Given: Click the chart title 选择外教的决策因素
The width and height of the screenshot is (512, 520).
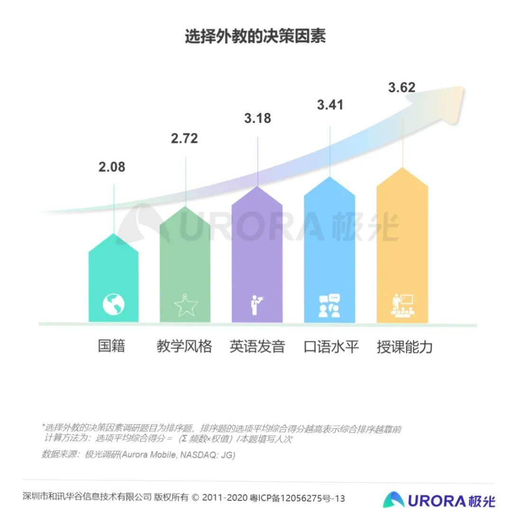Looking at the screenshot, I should click(256, 37).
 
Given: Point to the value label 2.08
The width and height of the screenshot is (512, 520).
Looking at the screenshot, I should click(112, 167).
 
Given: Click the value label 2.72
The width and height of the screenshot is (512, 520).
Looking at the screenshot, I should click(184, 138).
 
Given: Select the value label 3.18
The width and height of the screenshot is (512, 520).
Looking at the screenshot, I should click(257, 118).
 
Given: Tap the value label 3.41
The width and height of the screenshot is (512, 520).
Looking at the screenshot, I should click(330, 104).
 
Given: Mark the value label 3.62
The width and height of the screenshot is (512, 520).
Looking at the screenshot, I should click(402, 88).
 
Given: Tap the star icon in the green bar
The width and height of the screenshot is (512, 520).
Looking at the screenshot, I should click(185, 305).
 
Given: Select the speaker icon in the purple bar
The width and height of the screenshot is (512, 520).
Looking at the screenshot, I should click(256, 305).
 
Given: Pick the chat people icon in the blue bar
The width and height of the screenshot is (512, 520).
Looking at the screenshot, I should click(329, 306).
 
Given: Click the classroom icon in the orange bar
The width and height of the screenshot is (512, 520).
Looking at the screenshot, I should click(402, 305).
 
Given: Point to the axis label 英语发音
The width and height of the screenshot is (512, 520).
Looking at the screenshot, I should click(257, 347).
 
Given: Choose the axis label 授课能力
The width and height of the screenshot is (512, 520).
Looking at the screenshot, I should click(404, 347).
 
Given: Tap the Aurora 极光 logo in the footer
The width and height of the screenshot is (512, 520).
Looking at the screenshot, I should click(439, 500).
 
